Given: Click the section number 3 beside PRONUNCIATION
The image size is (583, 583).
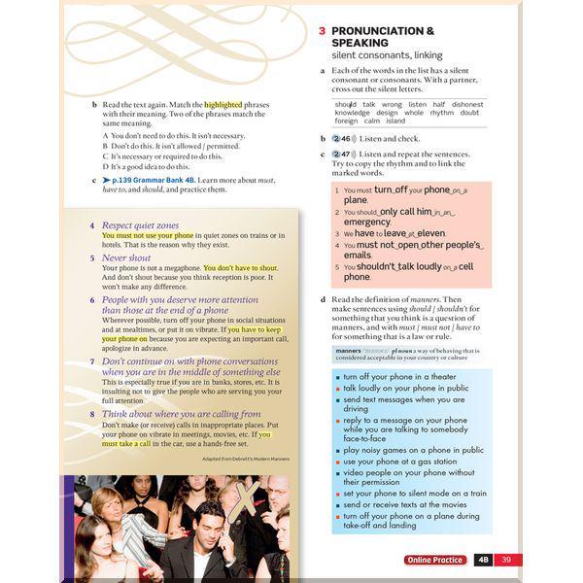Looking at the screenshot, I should [x=323, y=31].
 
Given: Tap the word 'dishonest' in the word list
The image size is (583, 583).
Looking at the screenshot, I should [x=467, y=104].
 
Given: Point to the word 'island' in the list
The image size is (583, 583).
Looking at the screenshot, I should [x=395, y=121].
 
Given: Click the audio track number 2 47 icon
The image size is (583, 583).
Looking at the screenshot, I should [x=341, y=154].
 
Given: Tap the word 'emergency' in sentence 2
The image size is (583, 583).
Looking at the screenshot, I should [x=366, y=222].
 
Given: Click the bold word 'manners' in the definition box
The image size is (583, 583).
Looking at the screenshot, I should [x=347, y=350].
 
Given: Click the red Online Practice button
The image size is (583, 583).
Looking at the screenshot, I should [x=436, y=560].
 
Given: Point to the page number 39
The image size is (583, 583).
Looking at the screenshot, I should [x=506, y=560].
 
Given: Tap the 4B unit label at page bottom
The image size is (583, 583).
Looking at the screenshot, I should [x=483, y=560].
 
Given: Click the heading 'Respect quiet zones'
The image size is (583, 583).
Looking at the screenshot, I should [x=140, y=224].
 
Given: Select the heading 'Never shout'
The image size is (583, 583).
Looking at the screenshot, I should [x=126, y=257].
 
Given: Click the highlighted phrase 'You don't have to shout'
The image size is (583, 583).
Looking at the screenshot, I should [x=241, y=268].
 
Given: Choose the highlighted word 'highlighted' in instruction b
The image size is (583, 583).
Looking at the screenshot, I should [x=223, y=104].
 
